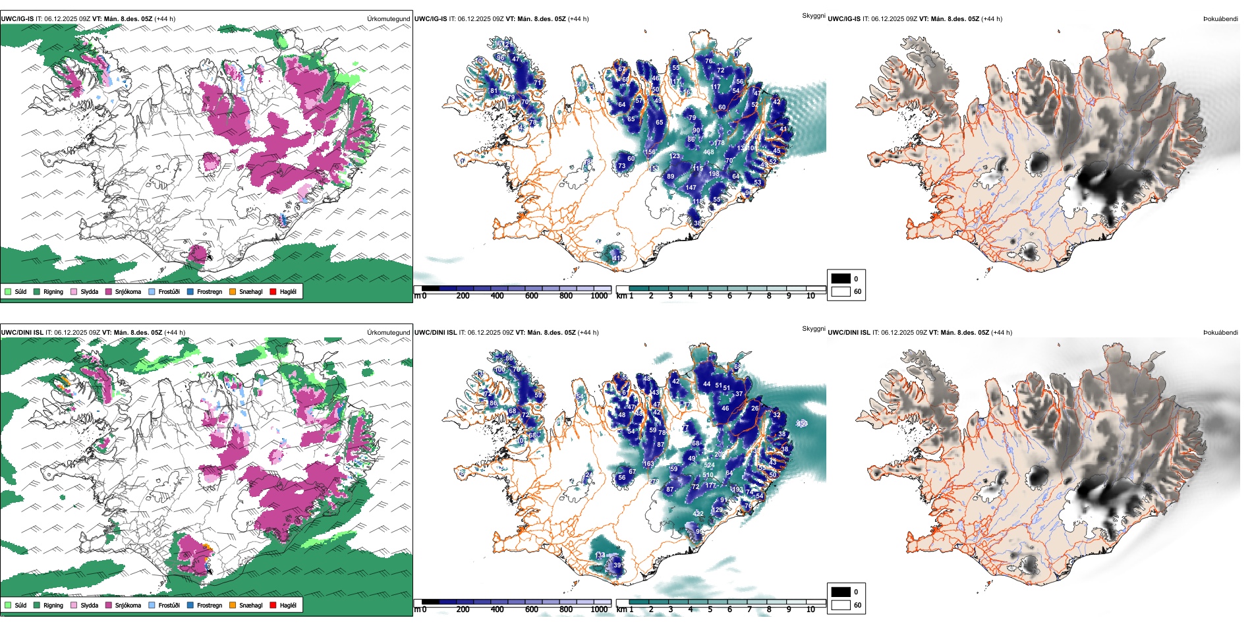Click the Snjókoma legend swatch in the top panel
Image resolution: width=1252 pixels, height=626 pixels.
[x=109, y=291]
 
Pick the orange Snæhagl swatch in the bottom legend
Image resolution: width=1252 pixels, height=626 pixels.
[x=233, y=605]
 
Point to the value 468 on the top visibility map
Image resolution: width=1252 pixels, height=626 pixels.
[x=708, y=152]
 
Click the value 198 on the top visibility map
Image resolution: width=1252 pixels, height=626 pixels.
[x=714, y=174]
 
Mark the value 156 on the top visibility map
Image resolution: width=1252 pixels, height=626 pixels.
[x=650, y=152]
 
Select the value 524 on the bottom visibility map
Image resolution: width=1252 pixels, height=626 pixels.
[x=709, y=465]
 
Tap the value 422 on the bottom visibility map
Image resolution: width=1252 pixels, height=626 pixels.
[x=698, y=514]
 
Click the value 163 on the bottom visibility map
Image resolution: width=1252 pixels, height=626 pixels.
[x=648, y=464]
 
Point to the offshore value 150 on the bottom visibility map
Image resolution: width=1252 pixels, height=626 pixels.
[x=802, y=424]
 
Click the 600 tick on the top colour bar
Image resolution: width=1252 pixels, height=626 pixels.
[x=531, y=296]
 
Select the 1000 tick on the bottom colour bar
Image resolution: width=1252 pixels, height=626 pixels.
[x=599, y=610]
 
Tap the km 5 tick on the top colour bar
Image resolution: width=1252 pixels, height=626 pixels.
[x=710, y=296]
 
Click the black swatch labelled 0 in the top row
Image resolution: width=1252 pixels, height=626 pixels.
[x=841, y=278]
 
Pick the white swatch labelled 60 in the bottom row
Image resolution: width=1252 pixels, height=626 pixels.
[x=841, y=604]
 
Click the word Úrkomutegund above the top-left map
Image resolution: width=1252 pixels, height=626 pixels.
[x=388, y=18]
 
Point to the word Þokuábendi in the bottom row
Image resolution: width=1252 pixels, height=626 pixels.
[x=1220, y=332]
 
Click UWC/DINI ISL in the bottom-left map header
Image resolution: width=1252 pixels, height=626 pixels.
[x=22, y=332]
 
